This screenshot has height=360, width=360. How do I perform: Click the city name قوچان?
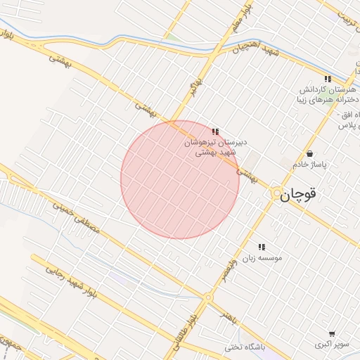point(305,195)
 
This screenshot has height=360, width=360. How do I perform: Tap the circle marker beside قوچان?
point(278,193)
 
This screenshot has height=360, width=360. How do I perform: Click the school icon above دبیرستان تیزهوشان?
point(215,131)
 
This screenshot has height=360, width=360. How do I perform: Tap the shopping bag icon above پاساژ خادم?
point(310,153)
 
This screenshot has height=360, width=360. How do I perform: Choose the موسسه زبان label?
point(262,258)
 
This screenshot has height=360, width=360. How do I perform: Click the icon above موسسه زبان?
point(262,247)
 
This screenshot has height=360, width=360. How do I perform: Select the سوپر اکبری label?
point(332,345)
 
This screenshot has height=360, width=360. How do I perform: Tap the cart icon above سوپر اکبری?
point(332,334)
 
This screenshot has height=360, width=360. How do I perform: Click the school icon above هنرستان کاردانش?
point(327,79)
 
